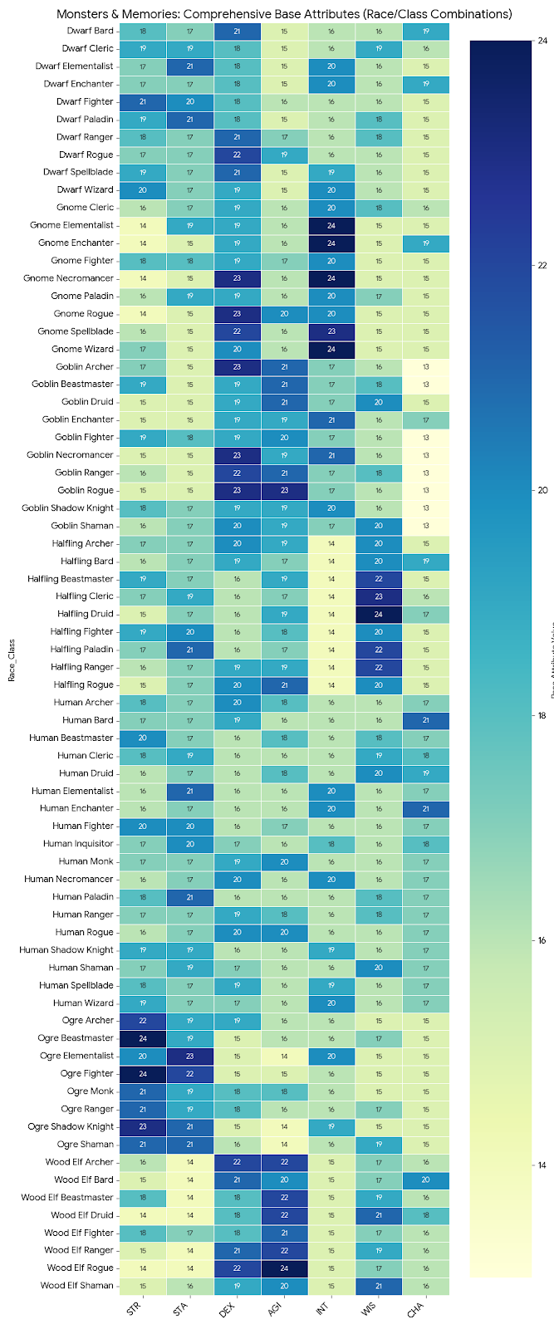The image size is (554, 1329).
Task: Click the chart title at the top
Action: tap(284, 14)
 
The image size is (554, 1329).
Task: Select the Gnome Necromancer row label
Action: tap(82, 278)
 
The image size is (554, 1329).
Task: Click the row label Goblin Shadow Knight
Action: tap(68, 508)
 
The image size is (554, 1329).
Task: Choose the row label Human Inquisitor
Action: tap(78, 843)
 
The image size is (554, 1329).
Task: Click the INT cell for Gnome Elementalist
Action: tap(331, 225)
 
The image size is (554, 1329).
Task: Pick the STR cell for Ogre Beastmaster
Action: tap(142, 1037)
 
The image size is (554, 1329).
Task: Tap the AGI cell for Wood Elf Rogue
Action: tap(284, 1268)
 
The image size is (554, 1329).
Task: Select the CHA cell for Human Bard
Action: tap(426, 719)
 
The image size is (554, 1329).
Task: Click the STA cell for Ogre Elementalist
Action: tap(189, 1056)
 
